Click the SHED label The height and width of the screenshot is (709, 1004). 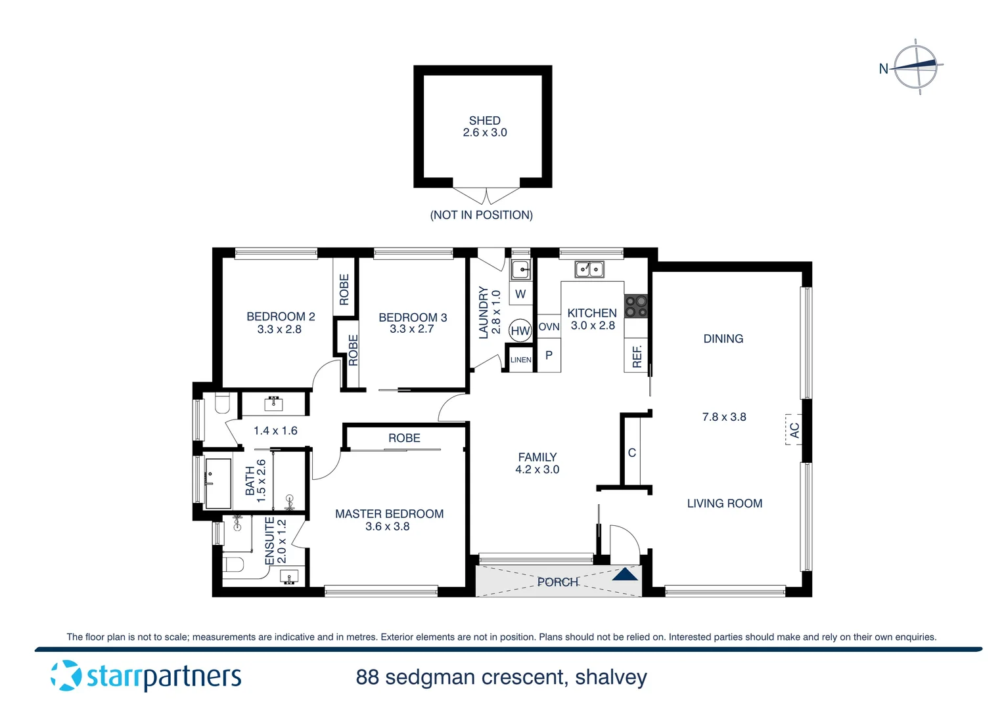click(484, 121)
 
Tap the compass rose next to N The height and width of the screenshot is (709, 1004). click(917, 66)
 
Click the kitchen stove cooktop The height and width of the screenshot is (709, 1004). click(636, 306)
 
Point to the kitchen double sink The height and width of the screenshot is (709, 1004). click(589, 269)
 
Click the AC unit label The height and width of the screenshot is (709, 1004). click(794, 430)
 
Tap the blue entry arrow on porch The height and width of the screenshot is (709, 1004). click(625, 575)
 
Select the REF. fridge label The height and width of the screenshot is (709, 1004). click(636, 356)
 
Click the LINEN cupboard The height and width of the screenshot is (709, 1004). click(520, 360)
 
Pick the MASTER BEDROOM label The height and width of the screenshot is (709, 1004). click(389, 514)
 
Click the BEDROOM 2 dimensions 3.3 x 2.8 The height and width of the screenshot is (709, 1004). click(279, 330)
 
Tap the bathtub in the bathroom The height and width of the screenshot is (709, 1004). click(218, 483)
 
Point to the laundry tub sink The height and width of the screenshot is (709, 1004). click(520, 269)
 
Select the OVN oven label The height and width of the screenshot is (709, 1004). click(549, 326)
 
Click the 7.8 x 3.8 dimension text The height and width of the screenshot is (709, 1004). click(723, 417)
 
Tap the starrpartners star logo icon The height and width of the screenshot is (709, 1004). click(66, 676)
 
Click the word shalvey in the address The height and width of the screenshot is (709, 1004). click(610, 677)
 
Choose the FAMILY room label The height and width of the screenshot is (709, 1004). click(537, 457)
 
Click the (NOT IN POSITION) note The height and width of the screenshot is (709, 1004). click(481, 215)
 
